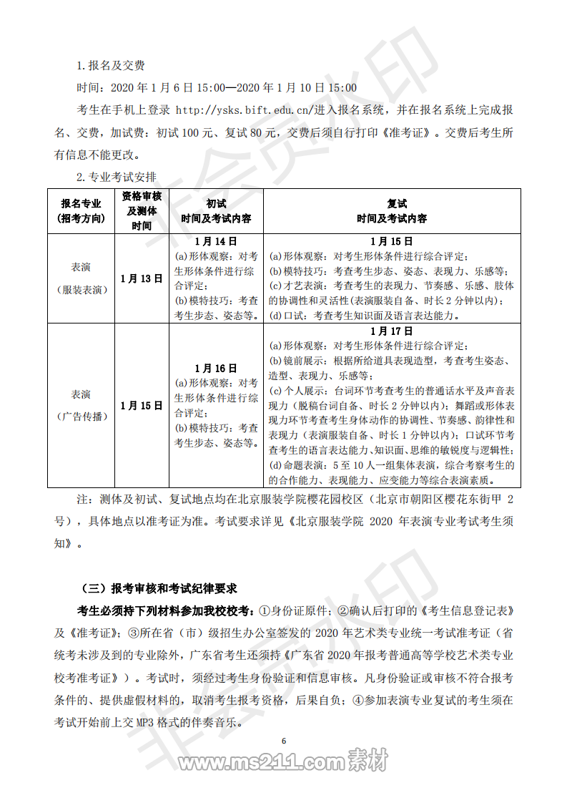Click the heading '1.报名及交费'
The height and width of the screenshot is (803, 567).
pos(111,66)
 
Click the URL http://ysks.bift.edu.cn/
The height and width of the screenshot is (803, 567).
pos(241,110)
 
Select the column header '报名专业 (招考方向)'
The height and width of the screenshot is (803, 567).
pos(82,210)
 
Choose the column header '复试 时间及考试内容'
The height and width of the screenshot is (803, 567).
pos(392,210)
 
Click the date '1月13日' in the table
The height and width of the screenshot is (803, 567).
pos(141,278)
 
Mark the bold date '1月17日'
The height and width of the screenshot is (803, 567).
pos(392,331)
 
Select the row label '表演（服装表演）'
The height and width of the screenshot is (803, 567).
pos(82,278)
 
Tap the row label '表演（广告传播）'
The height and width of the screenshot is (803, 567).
pos(82,405)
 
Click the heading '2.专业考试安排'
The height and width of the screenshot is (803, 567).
pos(117,177)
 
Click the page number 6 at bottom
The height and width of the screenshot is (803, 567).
pos(284,741)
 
